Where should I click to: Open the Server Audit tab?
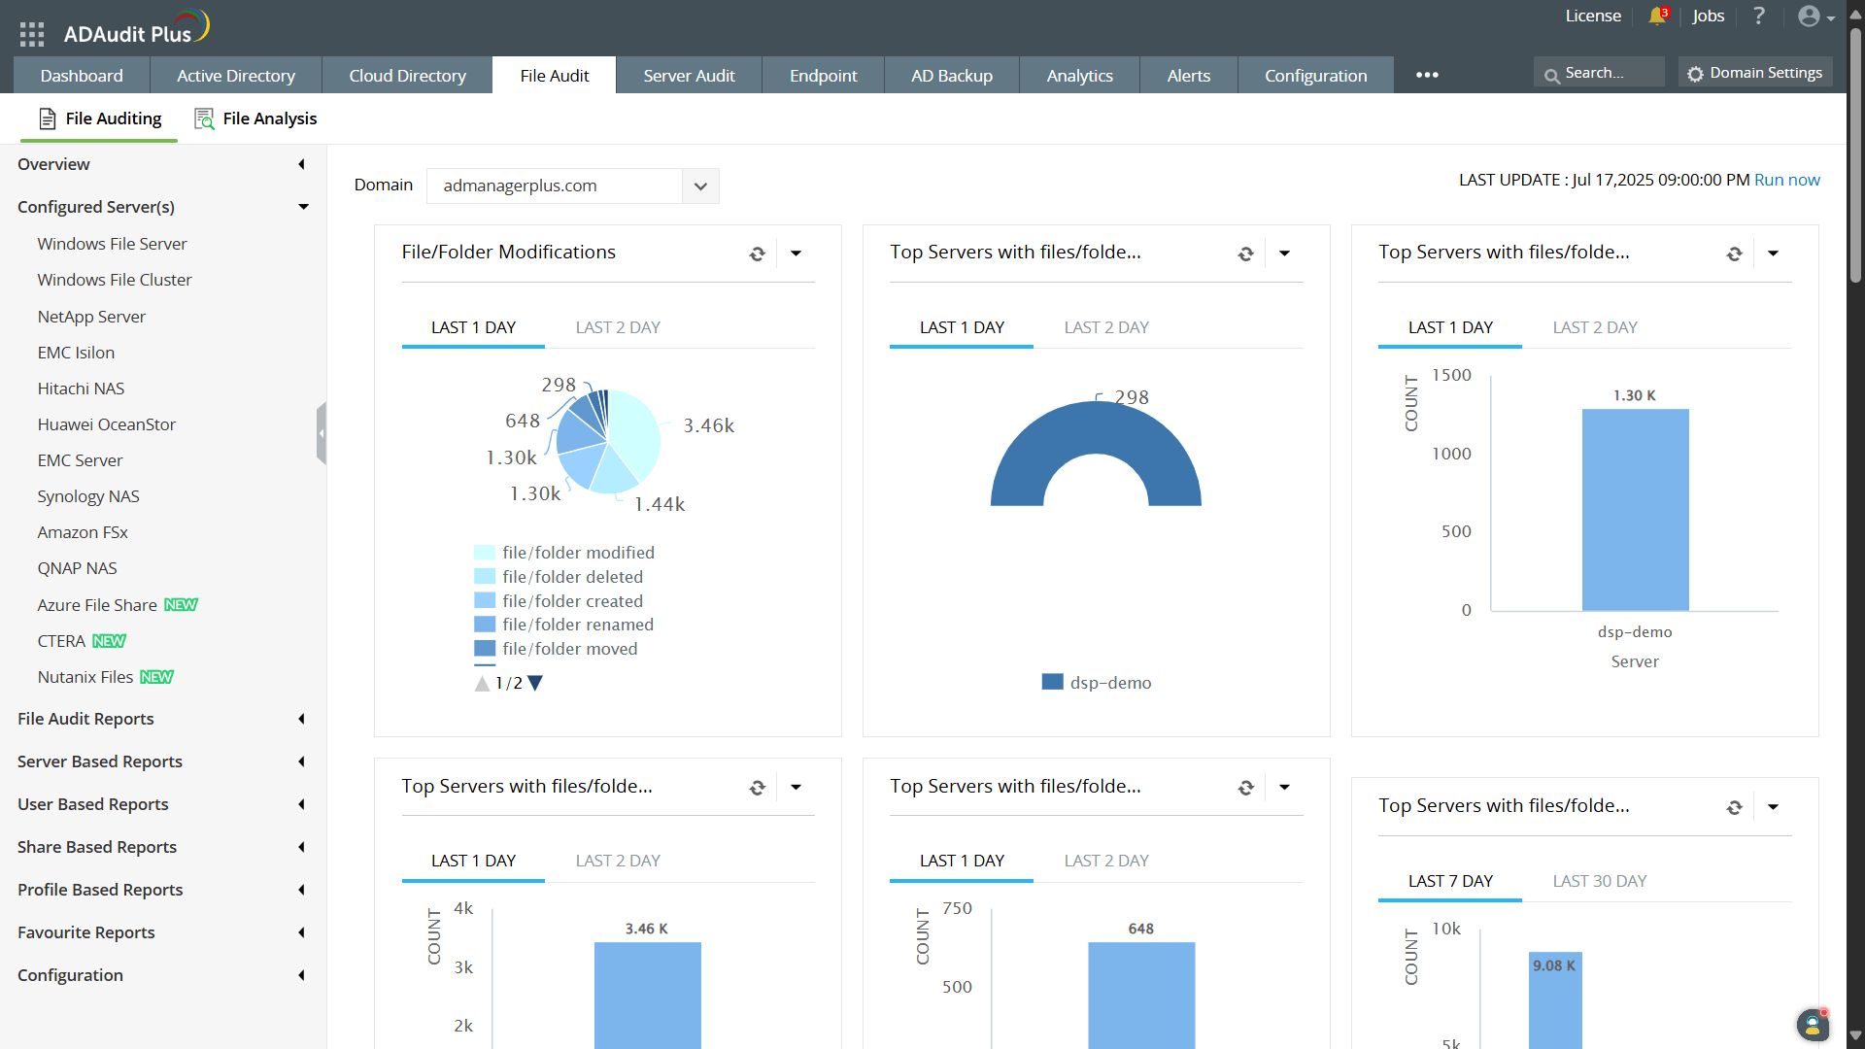click(689, 76)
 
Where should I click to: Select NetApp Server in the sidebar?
click(91, 317)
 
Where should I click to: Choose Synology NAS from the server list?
click(88, 496)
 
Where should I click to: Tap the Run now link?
click(1786, 180)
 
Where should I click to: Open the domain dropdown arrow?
click(700, 186)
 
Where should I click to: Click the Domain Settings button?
click(1755, 73)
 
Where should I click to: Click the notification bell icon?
click(1656, 17)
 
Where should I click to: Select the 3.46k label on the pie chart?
click(708, 425)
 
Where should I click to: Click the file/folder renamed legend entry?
click(577, 625)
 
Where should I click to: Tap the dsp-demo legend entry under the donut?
click(1097, 683)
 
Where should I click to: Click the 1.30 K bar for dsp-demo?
click(1635, 509)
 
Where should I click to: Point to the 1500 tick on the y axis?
click(1451, 375)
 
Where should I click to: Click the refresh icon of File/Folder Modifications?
click(758, 254)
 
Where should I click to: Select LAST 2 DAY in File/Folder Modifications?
click(618, 327)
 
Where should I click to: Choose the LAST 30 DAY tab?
click(1599, 881)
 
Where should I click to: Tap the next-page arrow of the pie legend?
click(535, 683)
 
